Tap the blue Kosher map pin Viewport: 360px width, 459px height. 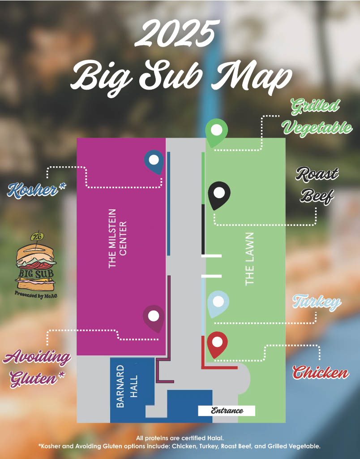point(154,160)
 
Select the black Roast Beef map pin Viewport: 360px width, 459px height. point(219,194)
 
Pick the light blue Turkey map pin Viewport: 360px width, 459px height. point(218,302)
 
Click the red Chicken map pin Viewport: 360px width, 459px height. point(217,343)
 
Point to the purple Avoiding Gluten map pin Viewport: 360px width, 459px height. point(154,317)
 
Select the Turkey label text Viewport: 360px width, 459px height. point(317,303)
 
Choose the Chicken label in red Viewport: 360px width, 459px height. point(321,372)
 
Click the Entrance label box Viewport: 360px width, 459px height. point(227,411)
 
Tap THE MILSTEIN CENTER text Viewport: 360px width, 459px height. point(118,238)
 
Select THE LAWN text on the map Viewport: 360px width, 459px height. point(250,259)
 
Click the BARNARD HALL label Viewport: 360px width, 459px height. point(127,386)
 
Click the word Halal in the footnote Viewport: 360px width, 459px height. point(216,438)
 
